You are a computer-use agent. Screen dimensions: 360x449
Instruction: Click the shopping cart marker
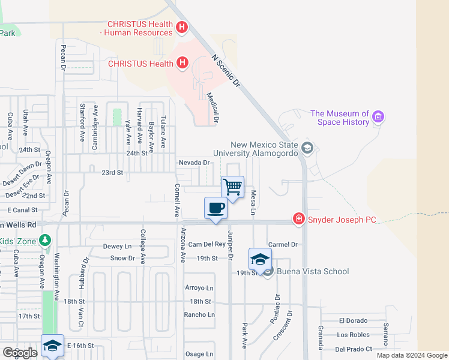[232, 187]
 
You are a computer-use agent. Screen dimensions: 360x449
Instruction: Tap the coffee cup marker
[215, 209]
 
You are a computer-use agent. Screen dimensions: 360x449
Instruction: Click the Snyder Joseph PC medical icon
[298, 220]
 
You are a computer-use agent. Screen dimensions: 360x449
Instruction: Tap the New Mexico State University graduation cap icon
[307, 148]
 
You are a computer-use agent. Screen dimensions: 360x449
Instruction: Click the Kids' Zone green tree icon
[44, 240]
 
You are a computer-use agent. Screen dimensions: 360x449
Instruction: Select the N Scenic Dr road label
[226, 71]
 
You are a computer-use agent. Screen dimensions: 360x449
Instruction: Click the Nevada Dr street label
[193, 162]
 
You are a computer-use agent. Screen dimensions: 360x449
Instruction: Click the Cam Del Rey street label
[206, 244]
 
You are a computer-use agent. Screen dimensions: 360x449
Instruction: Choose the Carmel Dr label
[283, 244]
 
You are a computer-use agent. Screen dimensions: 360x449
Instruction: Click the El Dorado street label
[352, 321]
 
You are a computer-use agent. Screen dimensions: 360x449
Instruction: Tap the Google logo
[20, 353]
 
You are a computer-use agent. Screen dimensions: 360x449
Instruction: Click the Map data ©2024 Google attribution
[412, 355]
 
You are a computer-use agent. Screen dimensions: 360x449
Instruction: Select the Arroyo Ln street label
[199, 288]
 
